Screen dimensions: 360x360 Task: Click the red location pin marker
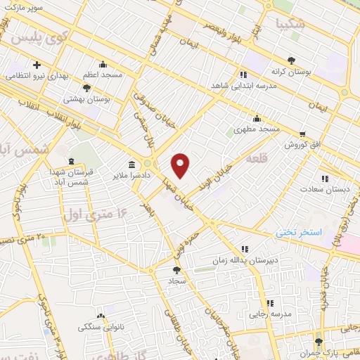(181, 165)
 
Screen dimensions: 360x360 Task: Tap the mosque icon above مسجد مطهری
(257, 118)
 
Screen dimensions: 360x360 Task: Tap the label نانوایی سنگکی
(98, 328)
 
